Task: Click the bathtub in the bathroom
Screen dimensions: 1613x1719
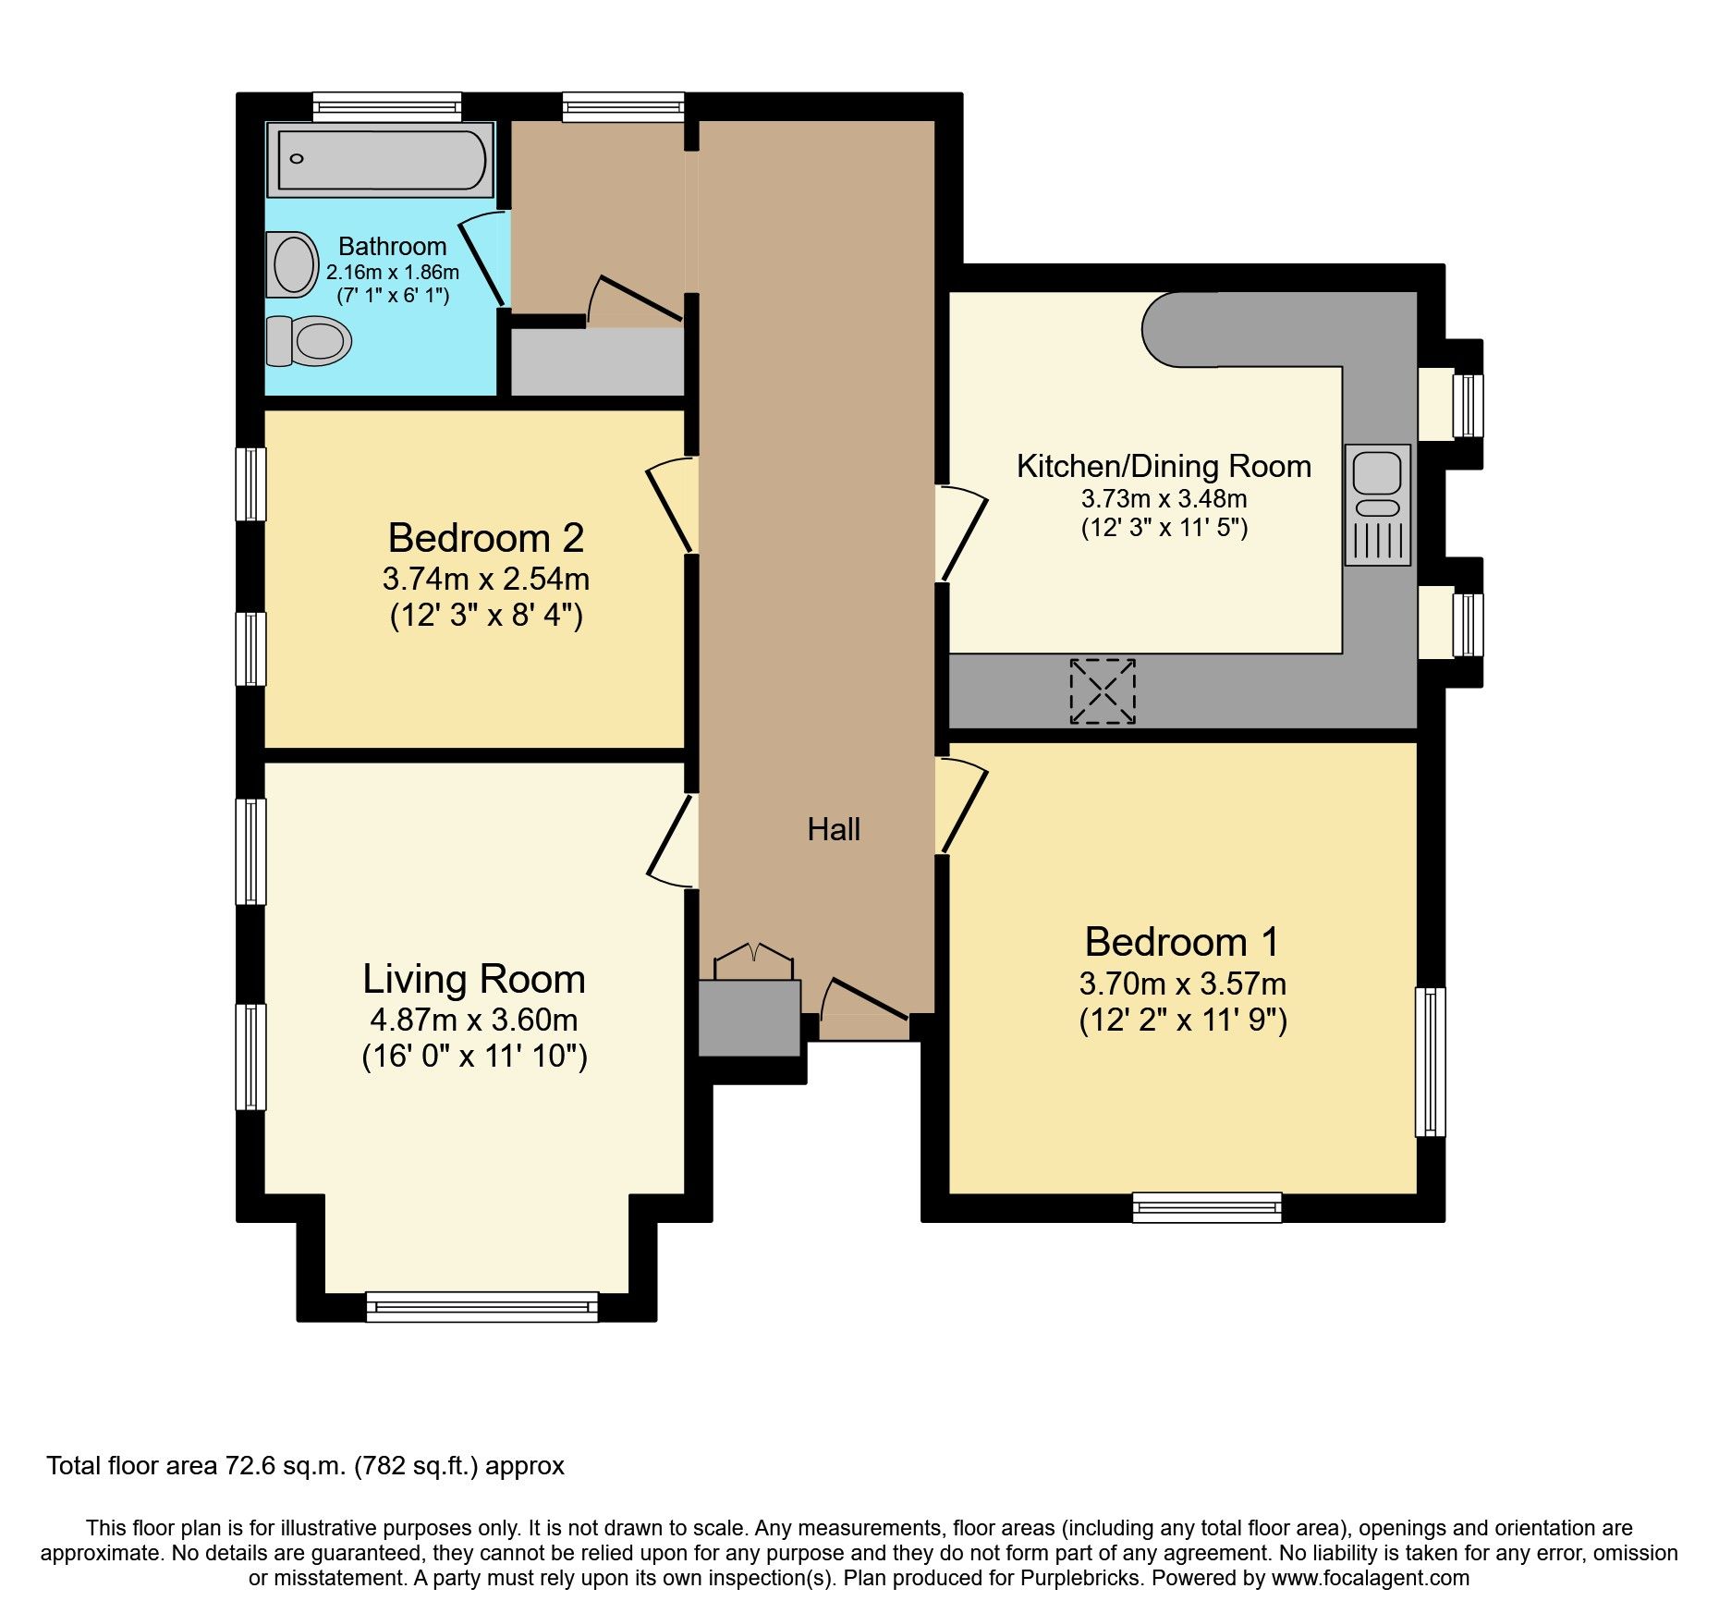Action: click(x=381, y=160)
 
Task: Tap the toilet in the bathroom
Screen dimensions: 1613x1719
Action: click(x=309, y=340)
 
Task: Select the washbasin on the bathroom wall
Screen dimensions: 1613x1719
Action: click(x=292, y=263)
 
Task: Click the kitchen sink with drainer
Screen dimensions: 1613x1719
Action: click(x=1377, y=504)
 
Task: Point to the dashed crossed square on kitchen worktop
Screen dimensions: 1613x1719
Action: click(x=1102, y=690)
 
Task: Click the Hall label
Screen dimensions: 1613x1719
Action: click(x=833, y=829)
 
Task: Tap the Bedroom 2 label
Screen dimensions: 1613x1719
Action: click(x=485, y=538)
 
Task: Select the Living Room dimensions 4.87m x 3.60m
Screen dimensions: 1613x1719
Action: click(x=473, y=1020)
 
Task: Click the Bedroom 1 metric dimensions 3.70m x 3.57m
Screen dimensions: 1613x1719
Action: click(x=1182, y=983)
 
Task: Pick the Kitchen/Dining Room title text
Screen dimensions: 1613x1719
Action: click(x=1163, y=466)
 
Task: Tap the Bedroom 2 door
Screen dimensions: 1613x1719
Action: click(x=671, y=506)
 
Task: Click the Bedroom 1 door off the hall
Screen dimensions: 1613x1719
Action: click(x=961, y=804)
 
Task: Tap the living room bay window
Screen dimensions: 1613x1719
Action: click(x=482, y=1306)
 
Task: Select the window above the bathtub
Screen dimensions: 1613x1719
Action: click(x=386, y=105)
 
